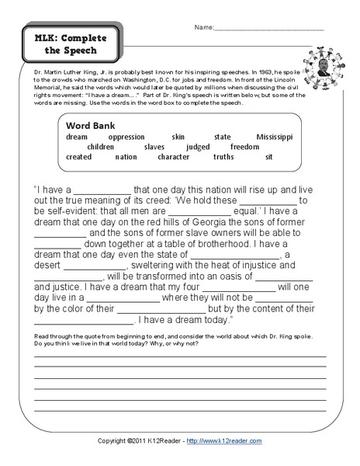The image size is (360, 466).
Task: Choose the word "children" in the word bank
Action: click(101, 146)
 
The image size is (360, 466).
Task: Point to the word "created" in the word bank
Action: click(79, 156)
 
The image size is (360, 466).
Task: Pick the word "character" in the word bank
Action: click(173, 156)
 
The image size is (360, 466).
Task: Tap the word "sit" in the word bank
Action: click(268, 156)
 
